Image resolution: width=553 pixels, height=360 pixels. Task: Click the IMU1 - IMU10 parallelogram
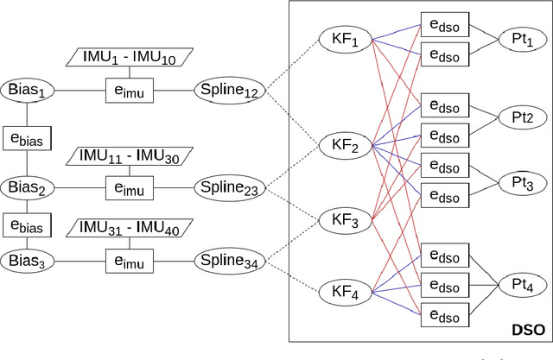(x=129, y=58)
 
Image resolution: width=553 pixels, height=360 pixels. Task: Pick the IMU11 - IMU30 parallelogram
(x=129, y=155)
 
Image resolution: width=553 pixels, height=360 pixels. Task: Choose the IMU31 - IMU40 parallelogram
(x=129, y=228)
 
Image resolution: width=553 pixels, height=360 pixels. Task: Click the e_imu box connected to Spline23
(x=129, y=186)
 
